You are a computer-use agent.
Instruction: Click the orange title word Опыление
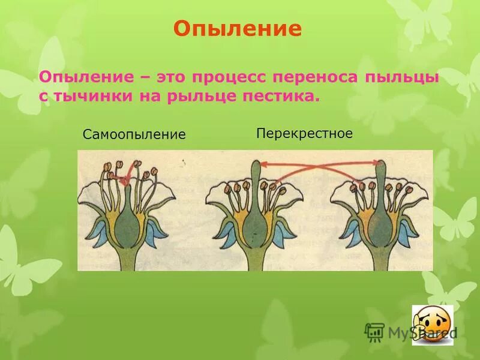tap(237, 29)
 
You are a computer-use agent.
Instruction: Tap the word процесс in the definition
tap(227, 77)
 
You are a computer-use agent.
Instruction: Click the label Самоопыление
tap(134, 134)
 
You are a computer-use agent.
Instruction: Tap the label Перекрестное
tap(304, 133)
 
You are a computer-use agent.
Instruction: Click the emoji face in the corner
tap(431, 325)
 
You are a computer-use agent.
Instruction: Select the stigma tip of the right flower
tap(379, 164)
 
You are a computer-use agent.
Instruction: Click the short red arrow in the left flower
tap(126, 178)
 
